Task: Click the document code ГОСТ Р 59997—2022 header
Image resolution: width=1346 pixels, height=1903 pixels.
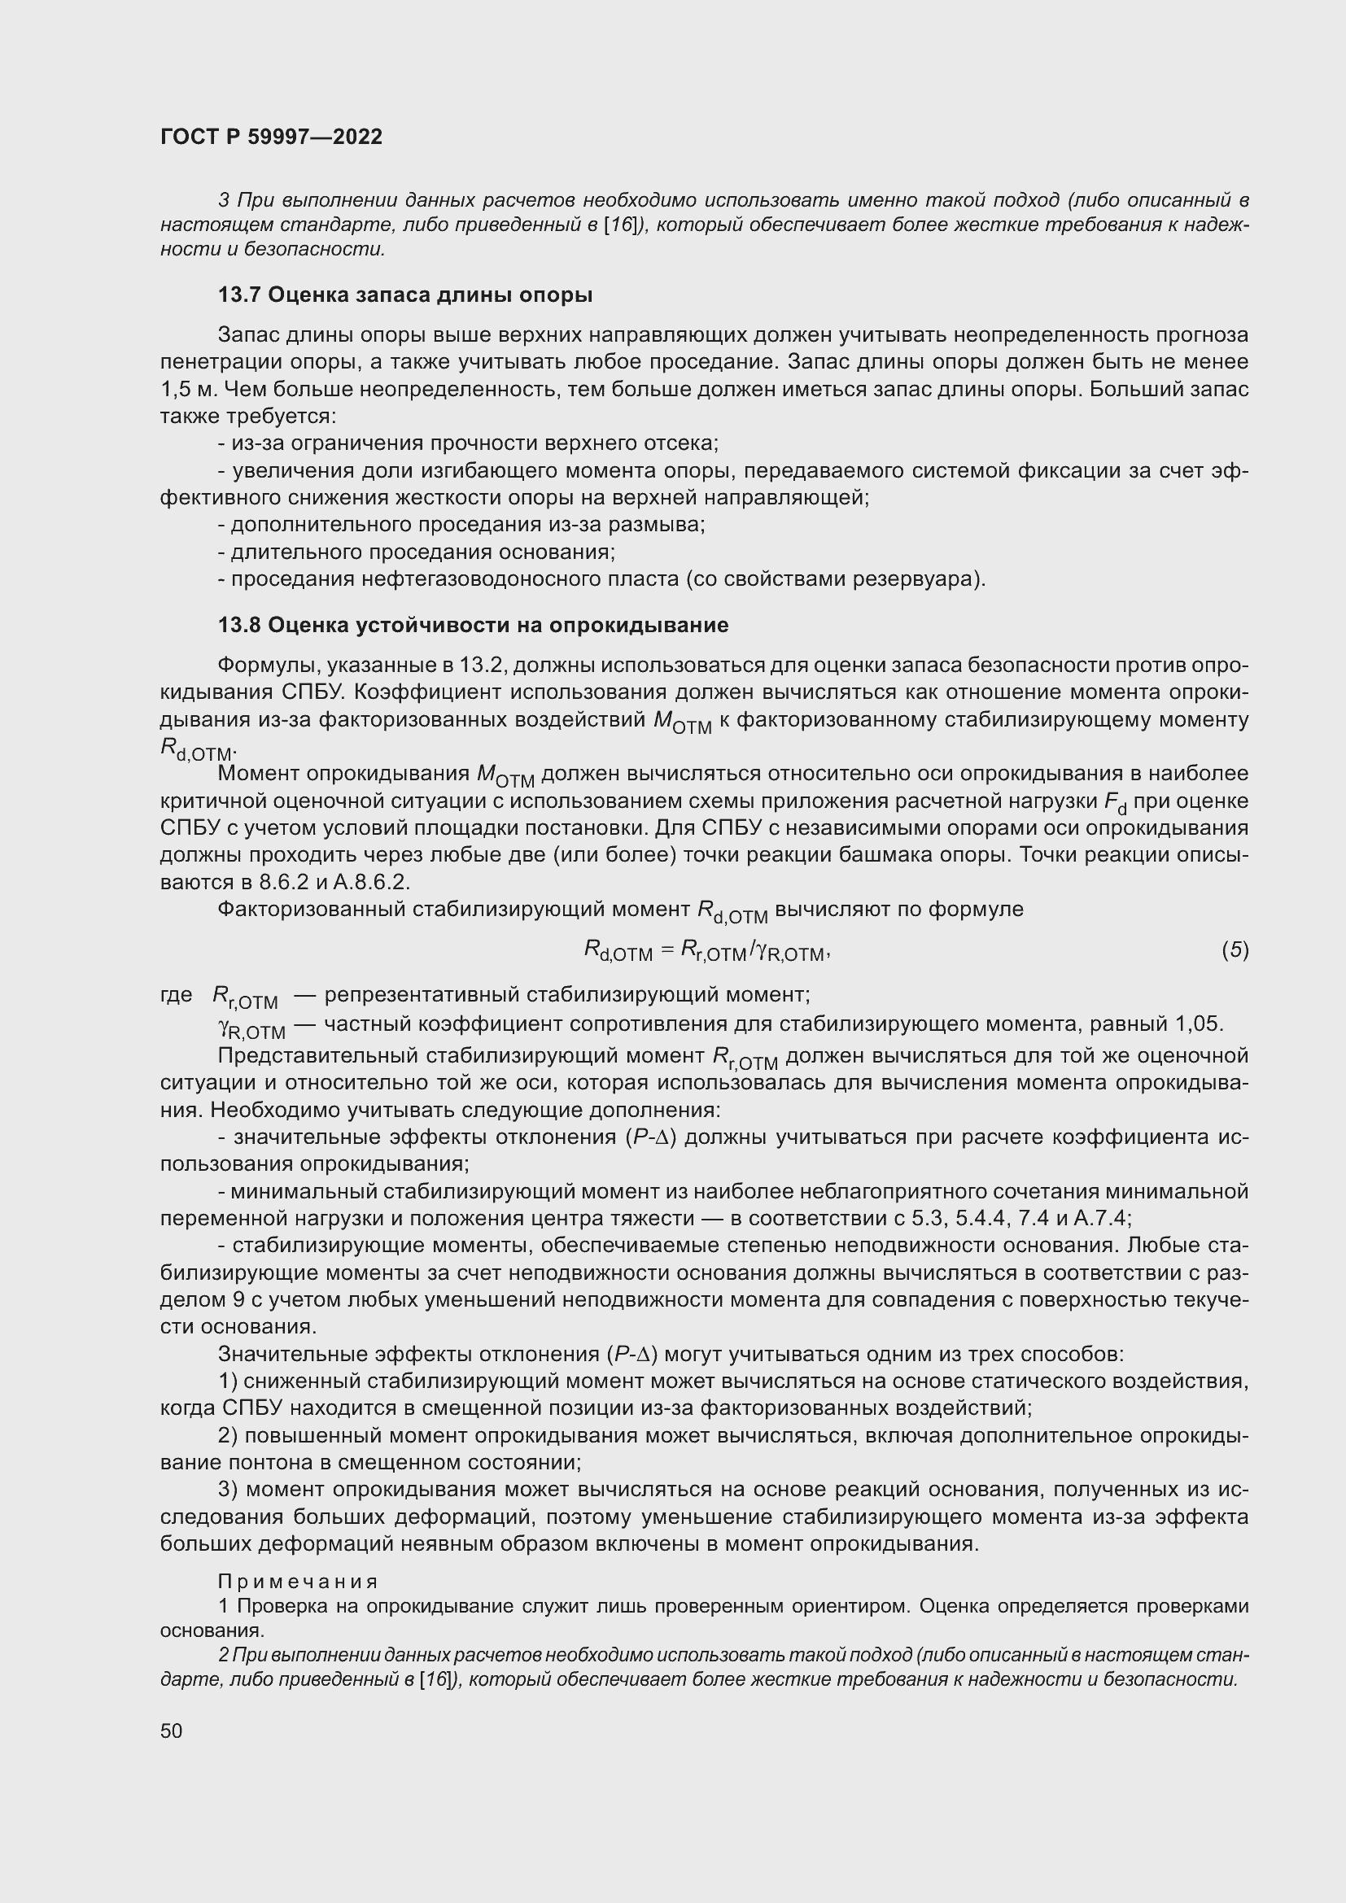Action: tap(271, 137)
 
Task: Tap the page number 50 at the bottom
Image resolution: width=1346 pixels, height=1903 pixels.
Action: tap(172, 1731)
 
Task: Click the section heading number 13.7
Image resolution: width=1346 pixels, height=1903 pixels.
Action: tap(239, 295)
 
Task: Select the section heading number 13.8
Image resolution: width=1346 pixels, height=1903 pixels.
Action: tap(239, 625)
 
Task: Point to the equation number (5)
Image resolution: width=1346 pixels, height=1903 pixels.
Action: tap(1235, 949)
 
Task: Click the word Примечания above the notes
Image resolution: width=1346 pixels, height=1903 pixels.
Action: tap(299, 1582)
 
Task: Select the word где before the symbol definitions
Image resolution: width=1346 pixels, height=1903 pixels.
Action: tap(176, 993)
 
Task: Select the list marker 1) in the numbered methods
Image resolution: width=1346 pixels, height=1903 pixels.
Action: tap(228, 1381)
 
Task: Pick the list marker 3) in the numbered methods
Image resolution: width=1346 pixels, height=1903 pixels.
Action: tap(228, 1490)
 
